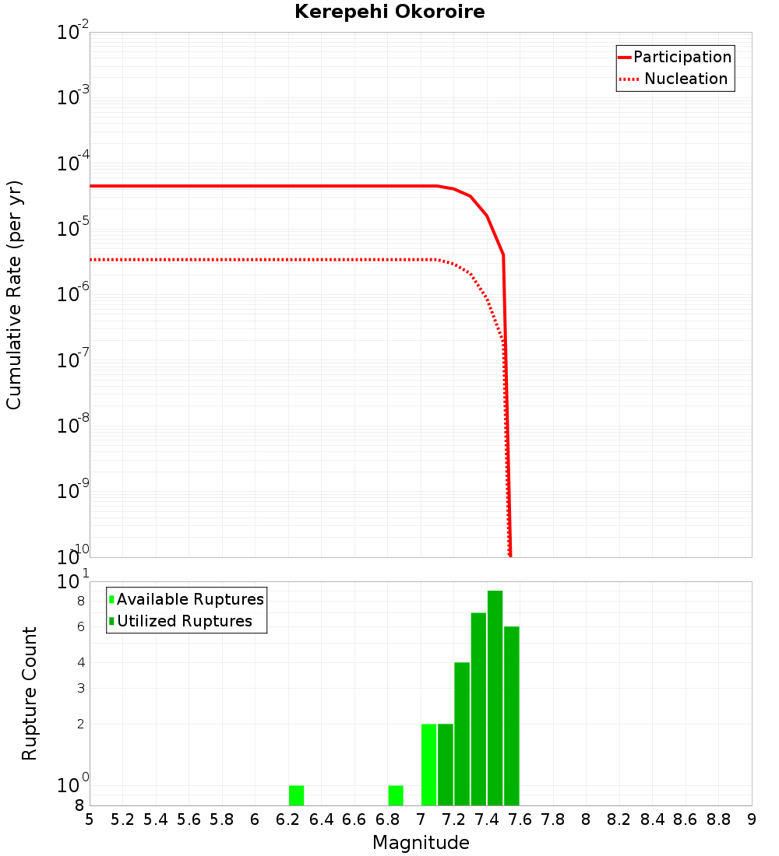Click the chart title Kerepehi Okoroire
tap(389, 12)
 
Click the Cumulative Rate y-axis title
tap(14, 294)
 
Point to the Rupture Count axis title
tap(30, 693)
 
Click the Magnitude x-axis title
tap(421, 843)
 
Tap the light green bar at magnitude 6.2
tap(296, 795)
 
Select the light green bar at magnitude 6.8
tap(396, 795)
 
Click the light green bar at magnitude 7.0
tap(428, 764)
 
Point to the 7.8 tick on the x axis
tap(553, 819)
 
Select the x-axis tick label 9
tap(752, 819)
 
